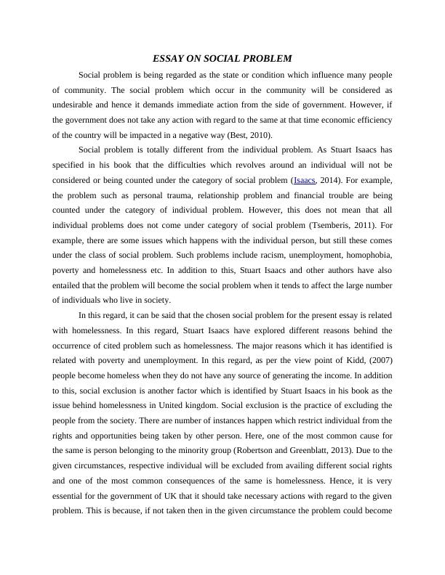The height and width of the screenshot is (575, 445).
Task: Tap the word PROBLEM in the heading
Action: (x=267, y=58)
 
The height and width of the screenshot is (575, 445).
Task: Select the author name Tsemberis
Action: (x=340, y=225)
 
